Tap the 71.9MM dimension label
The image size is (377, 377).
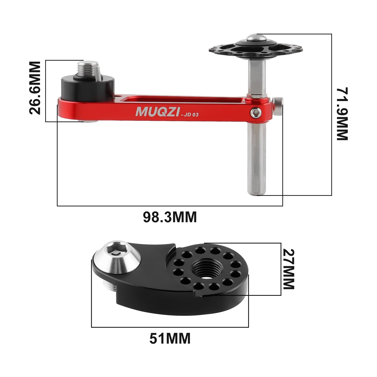click(342, 114)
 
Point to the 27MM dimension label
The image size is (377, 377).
click(288, 269)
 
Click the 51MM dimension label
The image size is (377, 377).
click(170, 338)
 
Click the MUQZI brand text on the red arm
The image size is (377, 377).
click(157, 112)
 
